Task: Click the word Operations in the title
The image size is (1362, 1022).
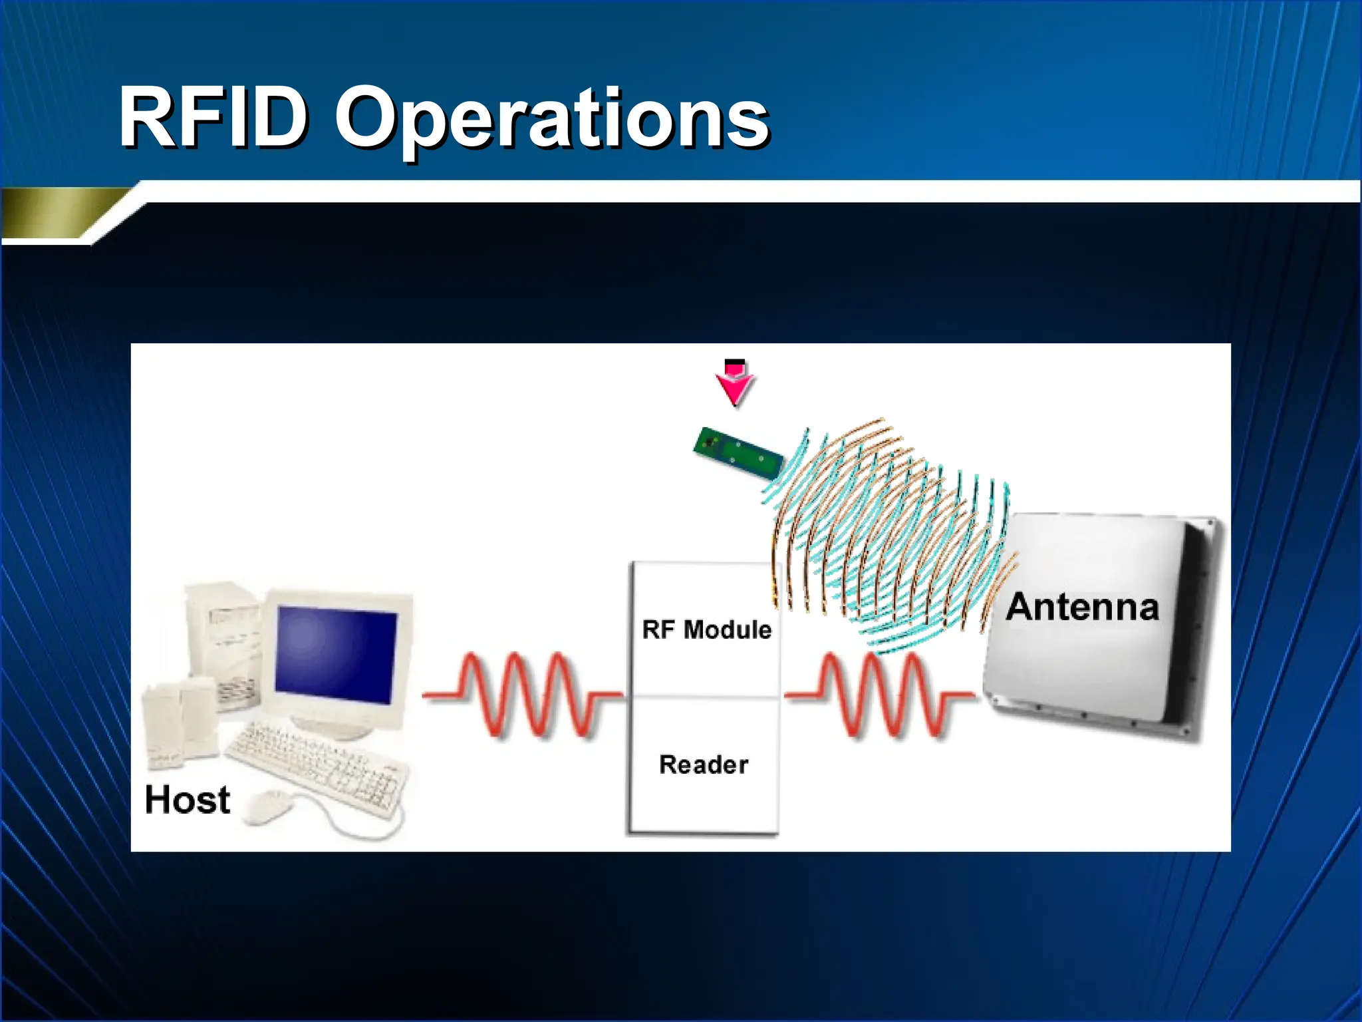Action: click(x=552, y=120)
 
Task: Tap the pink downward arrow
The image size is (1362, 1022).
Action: click(x=734, y=382)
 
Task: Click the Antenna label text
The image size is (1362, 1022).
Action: click(x=1082, y=607)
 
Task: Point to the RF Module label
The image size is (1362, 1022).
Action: click(x=706, y=629)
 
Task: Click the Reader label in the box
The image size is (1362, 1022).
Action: click(x=704, y=765)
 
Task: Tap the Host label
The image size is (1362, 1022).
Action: click(x=188, y=800)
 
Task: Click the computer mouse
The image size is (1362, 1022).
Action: click(x=269, y=807)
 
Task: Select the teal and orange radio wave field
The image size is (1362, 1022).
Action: click(x=891, y=532)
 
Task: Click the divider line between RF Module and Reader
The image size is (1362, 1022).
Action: click(x=704, y=697)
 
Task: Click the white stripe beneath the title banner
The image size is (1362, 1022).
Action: click(x=732, y=192)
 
